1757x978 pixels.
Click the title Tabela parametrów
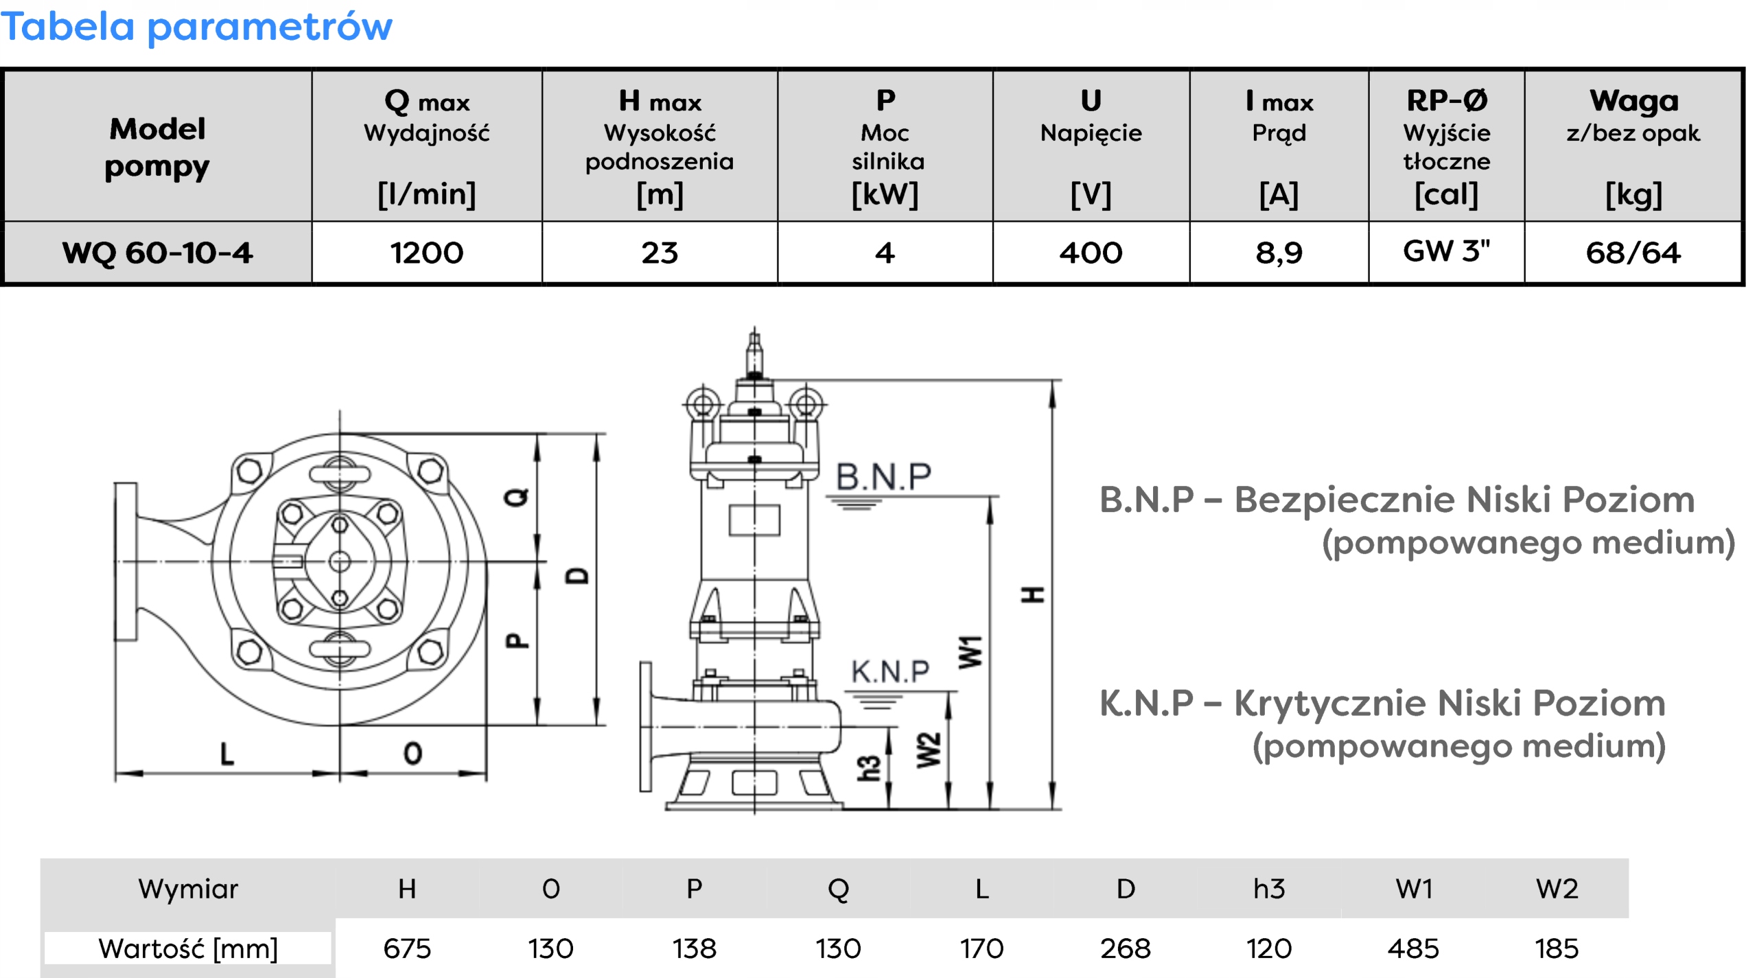(x=196, y=27)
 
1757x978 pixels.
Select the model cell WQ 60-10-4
(x=157, y=253)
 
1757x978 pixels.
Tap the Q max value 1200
(x=426, y=253)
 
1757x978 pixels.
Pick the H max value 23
(x=660, y=253)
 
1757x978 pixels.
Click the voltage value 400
(x=1090, y=253)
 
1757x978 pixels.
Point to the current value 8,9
(x=1279, y=253)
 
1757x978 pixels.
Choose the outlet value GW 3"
(x=1446, y=251)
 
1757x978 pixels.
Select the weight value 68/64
(x=1633, y=253)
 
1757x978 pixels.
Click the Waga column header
(x=1633, y=101)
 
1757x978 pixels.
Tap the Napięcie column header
(x=1091, y=132)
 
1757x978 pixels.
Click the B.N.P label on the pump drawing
(x=883, y=476)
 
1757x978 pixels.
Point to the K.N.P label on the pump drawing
(x=890, y=671)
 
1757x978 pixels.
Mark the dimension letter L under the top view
(x=226, y=754)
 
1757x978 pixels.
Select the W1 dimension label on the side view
(x=970, y=651)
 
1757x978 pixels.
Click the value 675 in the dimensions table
(x=407, y=948)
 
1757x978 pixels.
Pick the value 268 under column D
(x=1125, y=948)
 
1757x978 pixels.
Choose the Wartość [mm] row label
(x=188, y=948)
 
